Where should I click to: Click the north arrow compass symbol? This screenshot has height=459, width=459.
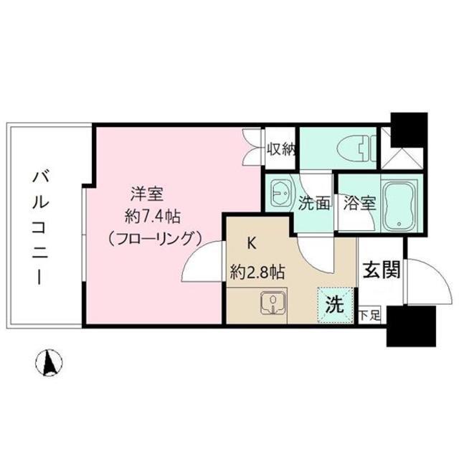(x=49, y=362)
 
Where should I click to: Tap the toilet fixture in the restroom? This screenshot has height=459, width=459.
(x=356, y=148)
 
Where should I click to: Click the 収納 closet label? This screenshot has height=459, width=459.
(x=281, y=150)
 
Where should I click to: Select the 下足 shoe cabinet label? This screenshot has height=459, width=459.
(x=369, y=316)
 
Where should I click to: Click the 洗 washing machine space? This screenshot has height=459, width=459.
(x=335, y=305)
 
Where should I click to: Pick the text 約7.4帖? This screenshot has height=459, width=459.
(x=153, y=217)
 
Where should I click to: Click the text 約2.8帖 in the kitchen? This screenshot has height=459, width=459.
(x=257, y=273)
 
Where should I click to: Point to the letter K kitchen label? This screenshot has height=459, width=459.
(x=252, y=244)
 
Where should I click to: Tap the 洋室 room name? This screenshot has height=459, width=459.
(x=147, y=194)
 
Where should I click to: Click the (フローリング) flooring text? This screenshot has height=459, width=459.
(x=154, y=239)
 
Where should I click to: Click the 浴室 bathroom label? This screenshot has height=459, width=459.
(x=360, y=203)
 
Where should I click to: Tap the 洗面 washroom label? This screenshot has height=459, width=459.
(x=314, y=203)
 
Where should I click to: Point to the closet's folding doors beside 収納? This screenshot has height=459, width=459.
(x=252, y=148)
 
